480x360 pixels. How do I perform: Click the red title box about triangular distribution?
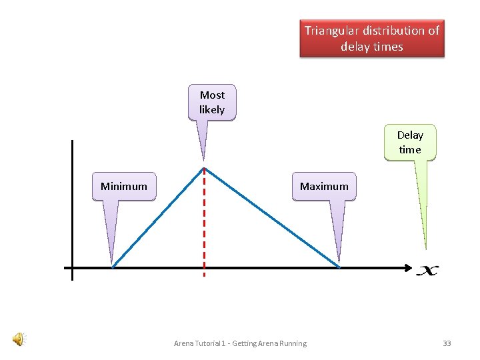pyautogui.click(x=371, y=39)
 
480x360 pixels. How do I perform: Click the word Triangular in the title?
pyautogui.click(x=331, y=31)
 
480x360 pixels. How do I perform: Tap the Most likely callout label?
pyautogui.click(x=212, y=102)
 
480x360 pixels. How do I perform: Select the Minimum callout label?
pyautogui.click(x=123, y=187)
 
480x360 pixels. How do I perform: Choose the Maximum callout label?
pyautogui.click(x=324, y=187)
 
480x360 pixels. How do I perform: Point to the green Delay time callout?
pyautogui.click(x=410, y=143)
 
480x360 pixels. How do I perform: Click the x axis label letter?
pyautogui.click(x=427, y=270)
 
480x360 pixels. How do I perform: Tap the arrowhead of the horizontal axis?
pyautogui.click(x=407, y=268)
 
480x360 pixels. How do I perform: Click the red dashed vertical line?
pyautogui.click(x=204, y=227)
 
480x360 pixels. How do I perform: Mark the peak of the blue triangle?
pyautogui.click(x=204, y=168)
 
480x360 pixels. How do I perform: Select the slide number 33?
pyautogui.click(x=447, y=343)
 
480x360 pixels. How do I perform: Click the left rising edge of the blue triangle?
pyautogui.click(x=159, y=217)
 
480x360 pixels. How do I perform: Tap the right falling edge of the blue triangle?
pyautogui.click(x=272, y=217)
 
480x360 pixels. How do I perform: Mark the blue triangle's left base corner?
pyautogui.click(x=113, y=267)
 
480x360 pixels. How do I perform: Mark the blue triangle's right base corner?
pyautogui.click(x=340, y=267)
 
